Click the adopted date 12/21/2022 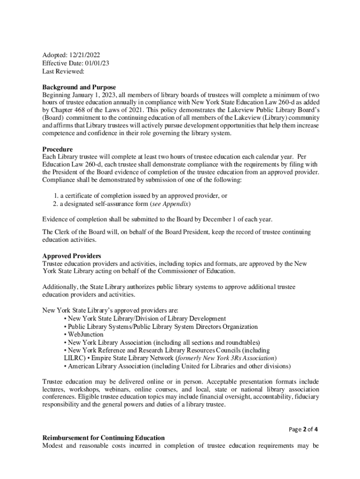click(x=85, y=54)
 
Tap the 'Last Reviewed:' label click(x=64, y=71)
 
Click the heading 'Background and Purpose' click(x=79, y=87)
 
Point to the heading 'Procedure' click(x=58, y=149)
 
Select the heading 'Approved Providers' click(x=72, y=256)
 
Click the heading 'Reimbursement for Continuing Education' click(x=103, y=437)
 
